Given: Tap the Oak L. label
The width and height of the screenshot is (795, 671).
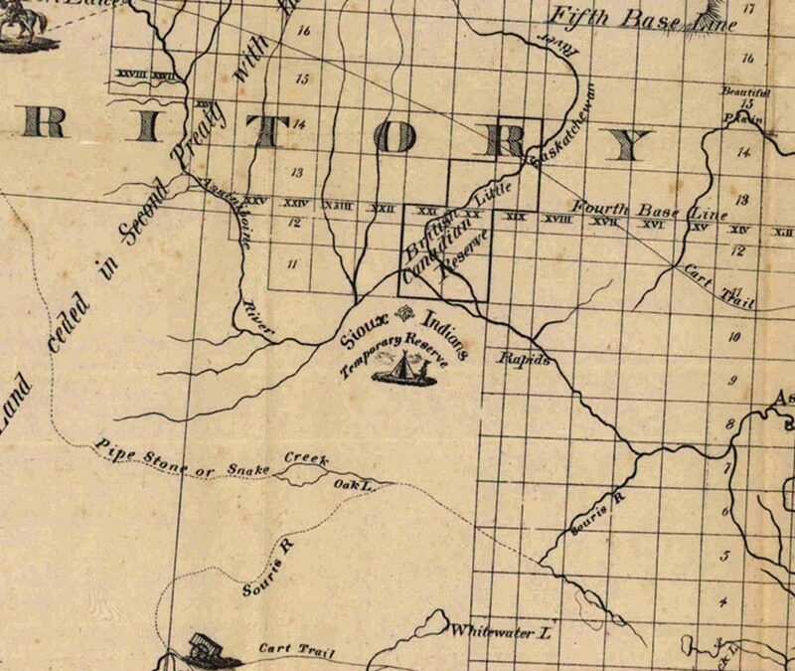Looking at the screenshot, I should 352,483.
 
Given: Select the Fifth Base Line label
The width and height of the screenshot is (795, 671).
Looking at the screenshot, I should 643,18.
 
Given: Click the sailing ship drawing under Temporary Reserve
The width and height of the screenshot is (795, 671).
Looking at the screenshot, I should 401,370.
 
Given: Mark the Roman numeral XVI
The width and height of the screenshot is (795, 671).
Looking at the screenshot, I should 653,225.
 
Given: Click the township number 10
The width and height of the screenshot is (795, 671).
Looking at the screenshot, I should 734,338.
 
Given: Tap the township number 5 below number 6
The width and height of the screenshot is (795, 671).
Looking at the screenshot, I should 726,557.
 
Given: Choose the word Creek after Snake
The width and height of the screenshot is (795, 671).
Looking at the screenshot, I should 306,458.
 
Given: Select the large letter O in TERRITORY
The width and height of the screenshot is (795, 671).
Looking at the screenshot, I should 397,139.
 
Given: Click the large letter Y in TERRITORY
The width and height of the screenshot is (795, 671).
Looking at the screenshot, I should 629,145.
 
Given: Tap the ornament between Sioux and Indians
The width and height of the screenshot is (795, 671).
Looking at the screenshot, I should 403,316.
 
